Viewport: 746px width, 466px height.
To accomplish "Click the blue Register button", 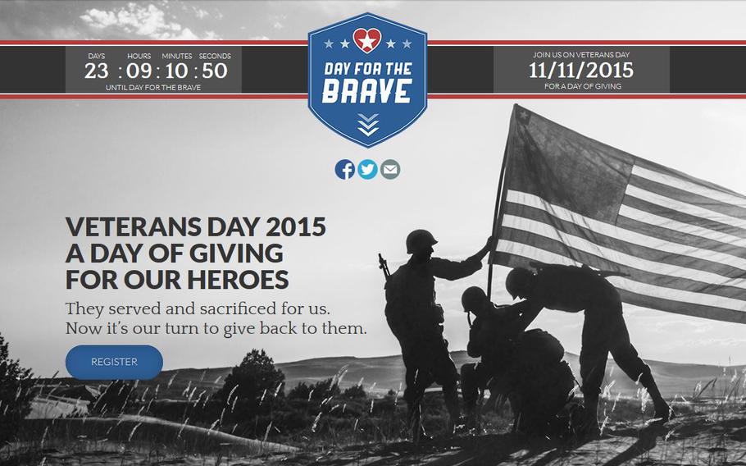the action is pyautogui.click(x=114, y=363).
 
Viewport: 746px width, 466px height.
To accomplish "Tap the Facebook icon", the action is pyautogui.click(x=345, y=170).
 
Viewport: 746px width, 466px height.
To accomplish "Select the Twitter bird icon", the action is pyautogui.click(x=367, y=170).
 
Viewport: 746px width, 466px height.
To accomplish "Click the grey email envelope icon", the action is pyautogui.click(x=390, y=170).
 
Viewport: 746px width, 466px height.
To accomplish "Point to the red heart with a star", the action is pyautogui.click(x=366, y=41).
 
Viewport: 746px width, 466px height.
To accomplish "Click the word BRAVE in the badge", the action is pyautogui.click(x=366, y=91).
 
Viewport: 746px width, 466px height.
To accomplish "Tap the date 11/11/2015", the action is pyautogui.click(x=581, y=71).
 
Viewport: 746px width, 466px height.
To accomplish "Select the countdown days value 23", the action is pyautogui.click(x=97, y=71).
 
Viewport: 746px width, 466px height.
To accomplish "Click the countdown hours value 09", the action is pyautogui.click(x=139, y=71).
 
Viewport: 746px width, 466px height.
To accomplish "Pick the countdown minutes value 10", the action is pyautogui.click(x=176, y=71).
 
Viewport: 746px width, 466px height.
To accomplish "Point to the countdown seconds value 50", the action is pyautogui.click(x=215, y=71).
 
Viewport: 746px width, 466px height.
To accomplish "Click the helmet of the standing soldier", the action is pyautogui.click(x=421, y=240).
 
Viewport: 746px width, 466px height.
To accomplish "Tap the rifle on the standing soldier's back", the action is pyautogui.click(x=384, y=267).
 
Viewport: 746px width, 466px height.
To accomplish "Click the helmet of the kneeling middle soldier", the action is pyautogui.click(x=474, y=299).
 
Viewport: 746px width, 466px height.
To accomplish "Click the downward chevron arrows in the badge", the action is pyautogui.click(x=368, y=125).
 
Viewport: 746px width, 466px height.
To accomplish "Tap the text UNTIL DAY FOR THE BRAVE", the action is pyautogui.click(x=153, y=88).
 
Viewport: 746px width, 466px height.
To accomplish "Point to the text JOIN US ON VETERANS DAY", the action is pyautogui.click(x=581, y=55).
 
